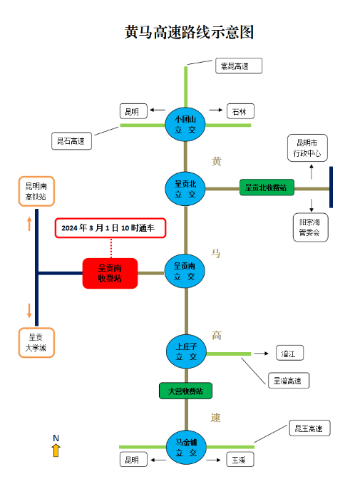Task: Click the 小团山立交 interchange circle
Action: (x=185, y=125)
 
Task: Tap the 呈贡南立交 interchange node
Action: (x=185, y=272)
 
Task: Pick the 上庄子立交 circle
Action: (x=185, y=352)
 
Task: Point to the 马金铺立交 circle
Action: (x=185, y=448)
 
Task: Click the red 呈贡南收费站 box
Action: (x=110, y=273)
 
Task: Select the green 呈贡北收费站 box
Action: (x=266, y=187)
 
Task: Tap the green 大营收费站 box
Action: (x=185, y=391)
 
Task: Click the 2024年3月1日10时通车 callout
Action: (x=110, y=227)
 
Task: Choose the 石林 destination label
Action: (x=240, y=112)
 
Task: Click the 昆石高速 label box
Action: (x=71, y=140)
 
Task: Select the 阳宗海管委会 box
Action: (x=310, y=227)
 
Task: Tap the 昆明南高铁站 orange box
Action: (x=36, y=190)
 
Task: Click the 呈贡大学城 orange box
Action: (x=36, y=343)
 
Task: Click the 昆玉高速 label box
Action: (x=309, y=428)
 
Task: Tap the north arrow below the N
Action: (x=56, y=450)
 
